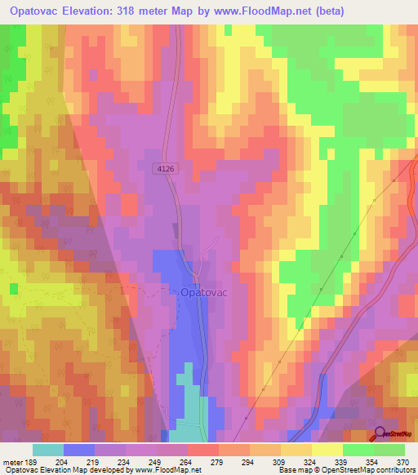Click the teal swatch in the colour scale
click(48, 450)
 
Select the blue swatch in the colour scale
click(79, 450)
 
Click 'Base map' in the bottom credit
click(296, 470)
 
